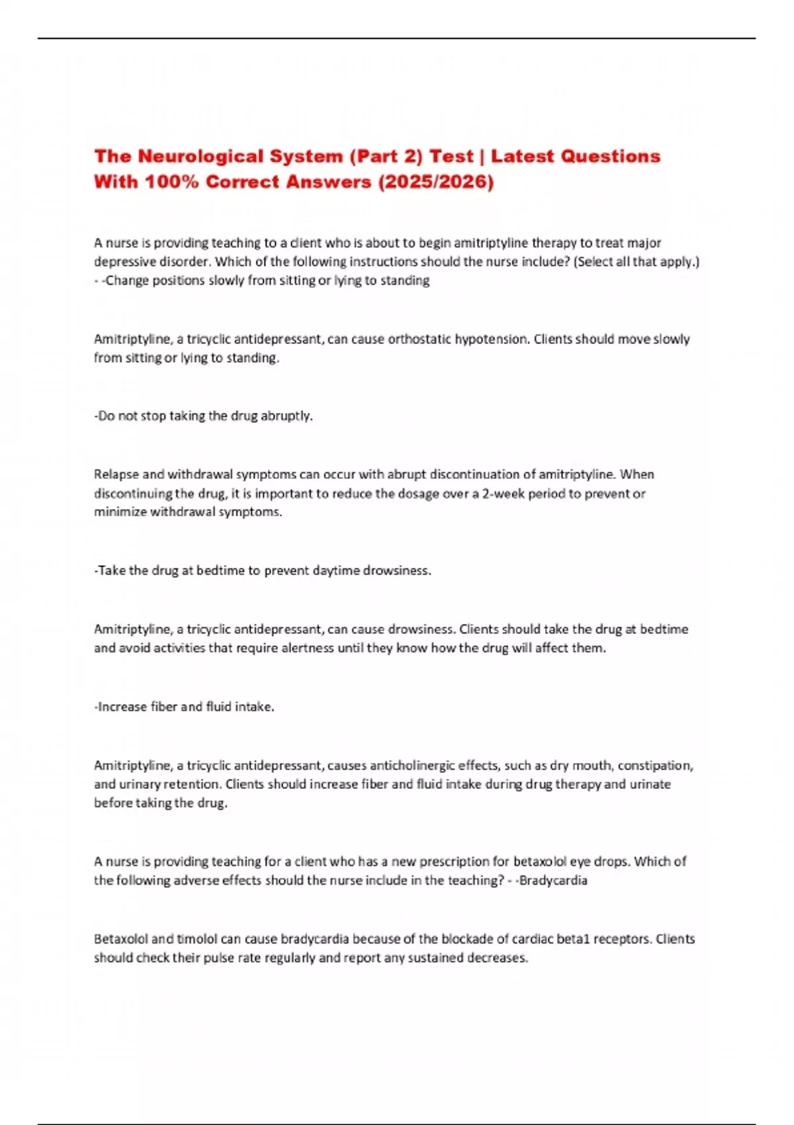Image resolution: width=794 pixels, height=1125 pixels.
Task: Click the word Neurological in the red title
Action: click(193, 157)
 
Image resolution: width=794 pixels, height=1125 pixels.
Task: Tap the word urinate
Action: click(650, 785)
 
